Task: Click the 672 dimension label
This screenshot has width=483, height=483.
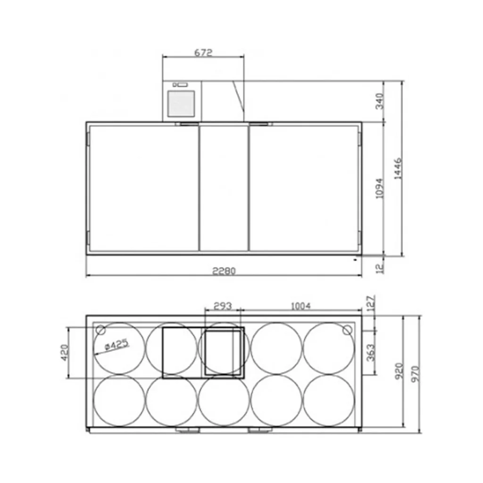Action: (203, 53)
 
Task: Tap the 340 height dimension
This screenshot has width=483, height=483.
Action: (380, 101)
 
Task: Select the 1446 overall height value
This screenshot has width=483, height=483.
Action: (398, 168)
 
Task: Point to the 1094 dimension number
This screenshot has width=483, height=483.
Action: (380, 188)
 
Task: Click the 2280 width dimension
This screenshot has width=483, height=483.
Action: (224, 271)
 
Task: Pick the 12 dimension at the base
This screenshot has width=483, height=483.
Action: (380, 268)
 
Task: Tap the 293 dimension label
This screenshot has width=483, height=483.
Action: (223, 306)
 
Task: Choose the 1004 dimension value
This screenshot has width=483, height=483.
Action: (300, 306)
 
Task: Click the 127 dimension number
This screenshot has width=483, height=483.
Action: (371, 303)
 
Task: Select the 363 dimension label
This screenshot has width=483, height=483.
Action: (371, 352)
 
